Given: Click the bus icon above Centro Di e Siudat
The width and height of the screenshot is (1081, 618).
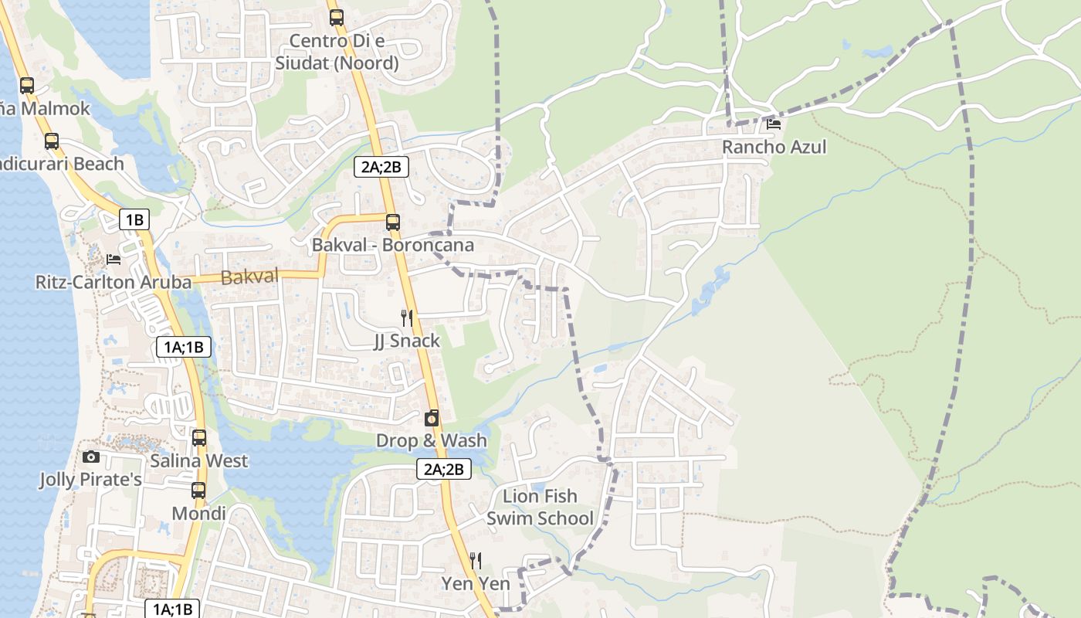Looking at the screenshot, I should [x=336, y=18].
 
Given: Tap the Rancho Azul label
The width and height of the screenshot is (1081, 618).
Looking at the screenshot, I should [x=774, y=147].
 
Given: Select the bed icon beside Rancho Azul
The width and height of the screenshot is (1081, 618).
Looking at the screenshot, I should [x=774, y=124].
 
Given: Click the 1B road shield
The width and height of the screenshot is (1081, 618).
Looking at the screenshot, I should [x=134, y=220].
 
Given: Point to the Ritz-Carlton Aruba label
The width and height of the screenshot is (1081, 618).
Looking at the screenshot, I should [x=114, y=282].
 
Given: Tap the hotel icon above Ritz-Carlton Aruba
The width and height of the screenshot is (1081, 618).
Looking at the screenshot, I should [x=114, y=259].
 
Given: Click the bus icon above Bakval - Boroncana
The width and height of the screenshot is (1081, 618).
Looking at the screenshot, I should [x=393, y=222].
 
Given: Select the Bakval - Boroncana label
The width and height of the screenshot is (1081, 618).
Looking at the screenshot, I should [x=392, y=245].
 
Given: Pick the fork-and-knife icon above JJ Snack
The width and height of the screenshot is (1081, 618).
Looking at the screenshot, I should [x=407, y=317].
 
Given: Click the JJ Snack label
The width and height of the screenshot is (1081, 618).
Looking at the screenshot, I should [x=407, y=341].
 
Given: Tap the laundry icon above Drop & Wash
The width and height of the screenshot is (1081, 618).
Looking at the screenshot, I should [x=432, y=418].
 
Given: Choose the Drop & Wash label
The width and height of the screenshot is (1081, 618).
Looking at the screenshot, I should [x=432, y=440].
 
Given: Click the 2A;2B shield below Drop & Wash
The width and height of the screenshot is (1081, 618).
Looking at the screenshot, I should [x=444, y=468].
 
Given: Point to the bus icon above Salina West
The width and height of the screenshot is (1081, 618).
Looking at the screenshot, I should [x=199, y=438].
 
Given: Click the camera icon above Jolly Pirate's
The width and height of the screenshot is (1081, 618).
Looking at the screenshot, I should [x=91, y=457].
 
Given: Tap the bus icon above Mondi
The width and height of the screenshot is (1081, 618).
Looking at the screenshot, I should [x=198, y=491].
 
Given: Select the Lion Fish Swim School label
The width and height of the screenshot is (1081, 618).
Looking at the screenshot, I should [x=540, y=507].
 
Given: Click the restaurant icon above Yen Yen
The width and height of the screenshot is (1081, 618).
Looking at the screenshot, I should [x=476, y=560].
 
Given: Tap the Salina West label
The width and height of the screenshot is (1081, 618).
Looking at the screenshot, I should [x=199, y=461].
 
